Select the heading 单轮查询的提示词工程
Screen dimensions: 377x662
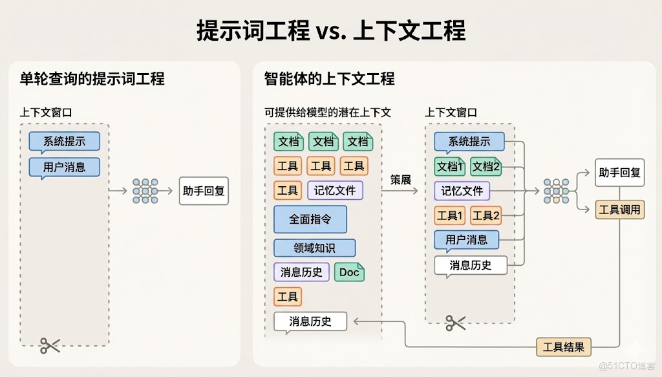[x=92, y=79]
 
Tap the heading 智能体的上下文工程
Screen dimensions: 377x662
[x=329, y=79]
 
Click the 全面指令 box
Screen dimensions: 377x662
[x=310, y=219]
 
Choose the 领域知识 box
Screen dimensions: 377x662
[x=314, y=248]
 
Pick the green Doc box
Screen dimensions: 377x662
[x=349, y=272]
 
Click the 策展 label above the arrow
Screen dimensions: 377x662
[x=401, y=180]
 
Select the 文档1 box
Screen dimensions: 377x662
[x=450, y=166]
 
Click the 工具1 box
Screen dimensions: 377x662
[x=449, y=215]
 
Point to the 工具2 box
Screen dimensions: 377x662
[x=486, y=215]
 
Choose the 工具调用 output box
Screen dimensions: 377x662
[x=619, y=210]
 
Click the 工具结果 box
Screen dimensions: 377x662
[x=564, y=347]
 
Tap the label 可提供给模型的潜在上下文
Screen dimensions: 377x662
[x=328, y=112]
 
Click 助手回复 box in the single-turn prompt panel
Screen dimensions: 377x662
[x=204, y=191]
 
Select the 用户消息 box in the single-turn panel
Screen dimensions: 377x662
[x=65, y=167]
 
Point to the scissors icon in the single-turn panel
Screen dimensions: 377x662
[x=50, y=345]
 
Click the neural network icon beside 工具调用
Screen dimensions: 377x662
[x=556, y=191]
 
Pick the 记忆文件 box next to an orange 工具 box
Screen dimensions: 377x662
[x=335, y=191]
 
